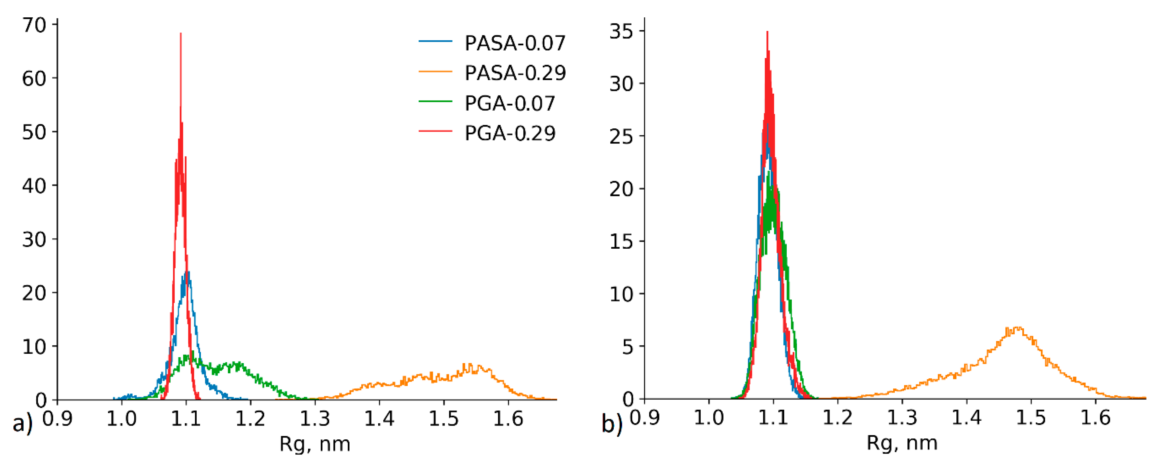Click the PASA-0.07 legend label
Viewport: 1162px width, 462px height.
pyautogui.click(x=515, y=43)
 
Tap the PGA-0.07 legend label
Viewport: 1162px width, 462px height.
pyautogui.click(x=510, y=104)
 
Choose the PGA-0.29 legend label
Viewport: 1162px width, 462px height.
pyautogui.click(x=510, y=133)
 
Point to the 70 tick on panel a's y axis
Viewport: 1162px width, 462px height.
pyautogui.click(x=34, y=25)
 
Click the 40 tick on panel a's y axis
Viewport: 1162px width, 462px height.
pyautogui.click(x=34, y=186)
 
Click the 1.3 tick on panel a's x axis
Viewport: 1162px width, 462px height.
pyautogui.click(x=315, y=419)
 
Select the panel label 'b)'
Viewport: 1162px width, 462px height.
pyautogui.click(x=612, y=424)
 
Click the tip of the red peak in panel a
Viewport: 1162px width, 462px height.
pyautogui.click(x=181, y=33)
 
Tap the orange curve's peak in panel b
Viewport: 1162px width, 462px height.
pyautogui.click(x=1017, y=327)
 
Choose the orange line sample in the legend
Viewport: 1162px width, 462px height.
pyautogui.click(x=435, y=71)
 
